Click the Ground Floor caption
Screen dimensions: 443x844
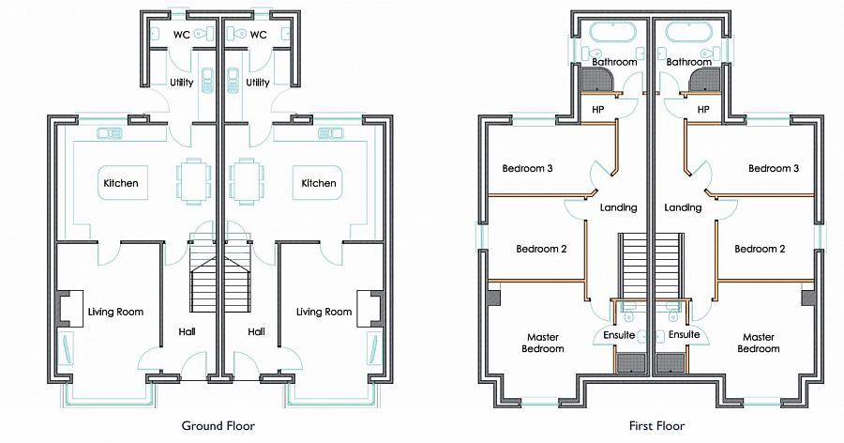(x=218, y=424)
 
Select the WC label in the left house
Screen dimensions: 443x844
(x=182, y=35)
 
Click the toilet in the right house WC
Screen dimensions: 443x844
(x=241, y=35)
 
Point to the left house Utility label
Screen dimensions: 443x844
(x=182, y=83)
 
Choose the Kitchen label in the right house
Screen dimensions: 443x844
(x=319, y=183)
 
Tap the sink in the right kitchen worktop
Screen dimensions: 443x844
(x=330, y=133)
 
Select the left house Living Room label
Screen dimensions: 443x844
(x=115, y=312)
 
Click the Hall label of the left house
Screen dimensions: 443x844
(x=187, y=331)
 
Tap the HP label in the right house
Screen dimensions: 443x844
(x=703, y=110)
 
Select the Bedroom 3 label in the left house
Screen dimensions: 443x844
(x=527, y=169)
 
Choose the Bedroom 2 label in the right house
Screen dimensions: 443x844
(x=759, y=249)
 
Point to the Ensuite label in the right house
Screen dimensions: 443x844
(x=685, y=335)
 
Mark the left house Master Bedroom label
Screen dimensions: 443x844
(x=543, y=343)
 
